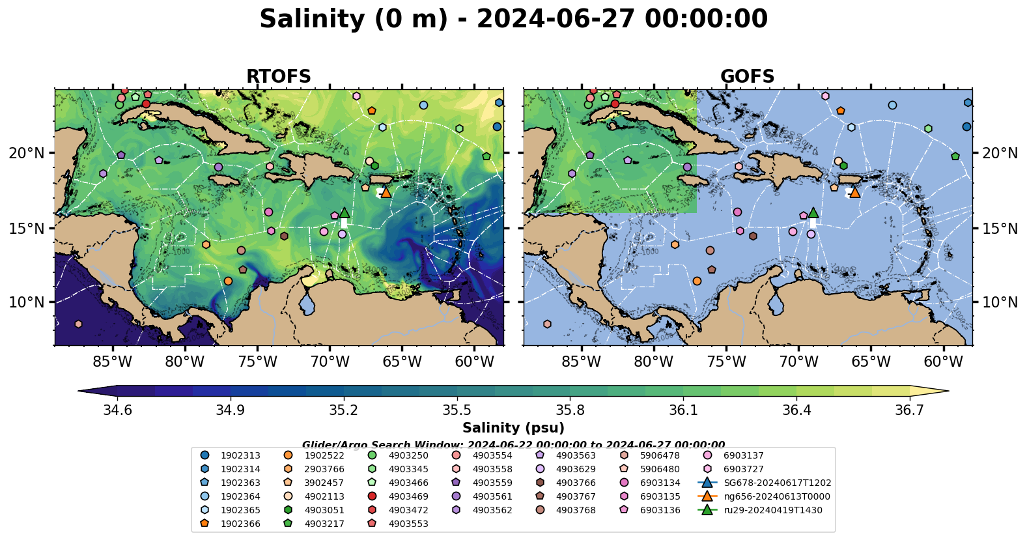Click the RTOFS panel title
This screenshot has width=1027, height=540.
pyautogui.click(x=278, y=77)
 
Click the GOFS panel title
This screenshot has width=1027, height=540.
pyautogui.click(x=747, y=77)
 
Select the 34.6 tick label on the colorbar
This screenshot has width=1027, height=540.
pyautogui.click(x=117, y=410)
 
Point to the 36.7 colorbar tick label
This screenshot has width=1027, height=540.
pyautogui.click(x=909, y=410)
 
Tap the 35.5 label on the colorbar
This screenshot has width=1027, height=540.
pyautogui.click(x=457, y=410)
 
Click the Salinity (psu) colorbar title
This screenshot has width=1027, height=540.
pyautogui.click(x=513, y=428)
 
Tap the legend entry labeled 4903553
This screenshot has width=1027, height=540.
pyautogui.click(x=408, y=524)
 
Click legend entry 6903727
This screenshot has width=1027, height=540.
pyautogui.click(x=743, y=469)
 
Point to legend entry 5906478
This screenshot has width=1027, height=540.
pyautogui.click(x=660, y=455)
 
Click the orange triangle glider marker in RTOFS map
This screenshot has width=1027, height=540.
pyautogui.click(x=386, y=192)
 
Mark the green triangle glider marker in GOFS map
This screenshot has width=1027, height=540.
pyautogui.click(x=813, y=212)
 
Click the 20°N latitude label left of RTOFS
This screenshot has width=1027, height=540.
pyautogui.click(x=27, y=153)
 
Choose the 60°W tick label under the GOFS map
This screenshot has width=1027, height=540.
pyautogui.click(x=943, y=362)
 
